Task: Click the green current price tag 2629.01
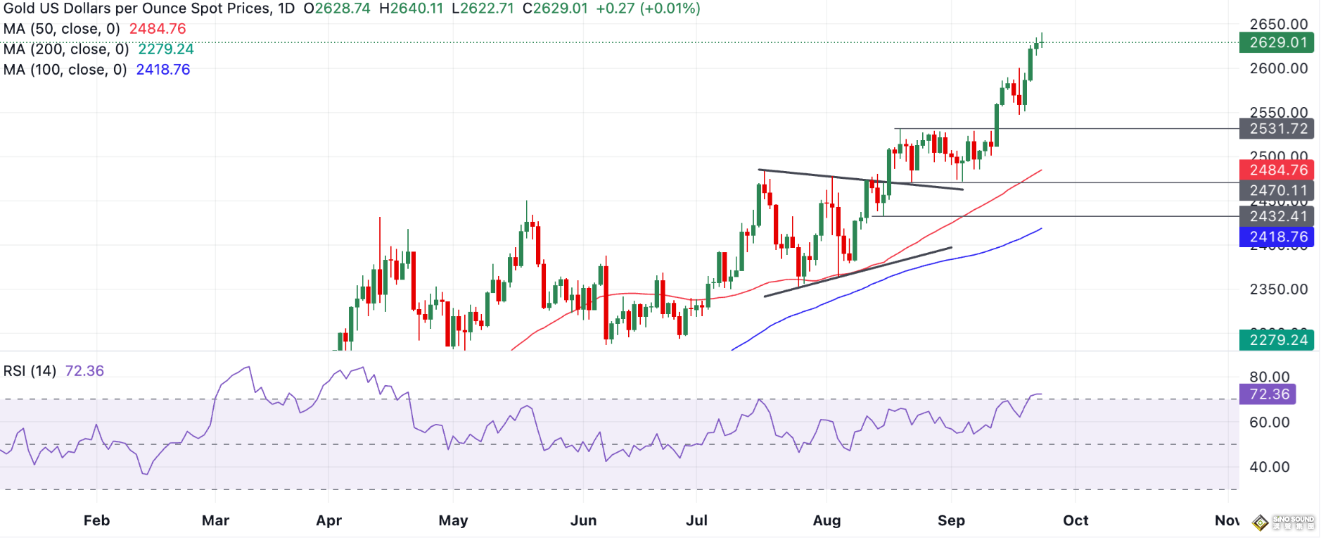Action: tap(1277, 43)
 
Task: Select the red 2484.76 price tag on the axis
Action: tap(1277, 170)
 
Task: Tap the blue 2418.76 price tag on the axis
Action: tap(1277, 237)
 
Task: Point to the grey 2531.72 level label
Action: tap(1277, 129)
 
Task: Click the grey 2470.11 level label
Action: tap(1277, 190)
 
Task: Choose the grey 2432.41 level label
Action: tap(1277, 216)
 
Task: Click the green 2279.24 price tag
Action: tap(1277, 340)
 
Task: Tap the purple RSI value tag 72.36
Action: tap(1268, 394)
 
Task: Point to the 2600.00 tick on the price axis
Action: tap(1278, 69)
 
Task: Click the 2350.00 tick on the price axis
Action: tap(1278, 289)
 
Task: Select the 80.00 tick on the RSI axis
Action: tap(1269, 377)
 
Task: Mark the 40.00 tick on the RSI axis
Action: tap(1269, 467)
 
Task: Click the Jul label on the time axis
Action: tap(696, 520)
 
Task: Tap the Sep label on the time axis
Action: tap(951, 520)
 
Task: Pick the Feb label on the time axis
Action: tap(96, 520)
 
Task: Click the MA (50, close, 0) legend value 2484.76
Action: tap(158, 29)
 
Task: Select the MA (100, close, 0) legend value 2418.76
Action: tap(163, 70)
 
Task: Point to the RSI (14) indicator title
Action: tap(30, 371)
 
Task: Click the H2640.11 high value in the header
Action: tap(411, 9)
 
